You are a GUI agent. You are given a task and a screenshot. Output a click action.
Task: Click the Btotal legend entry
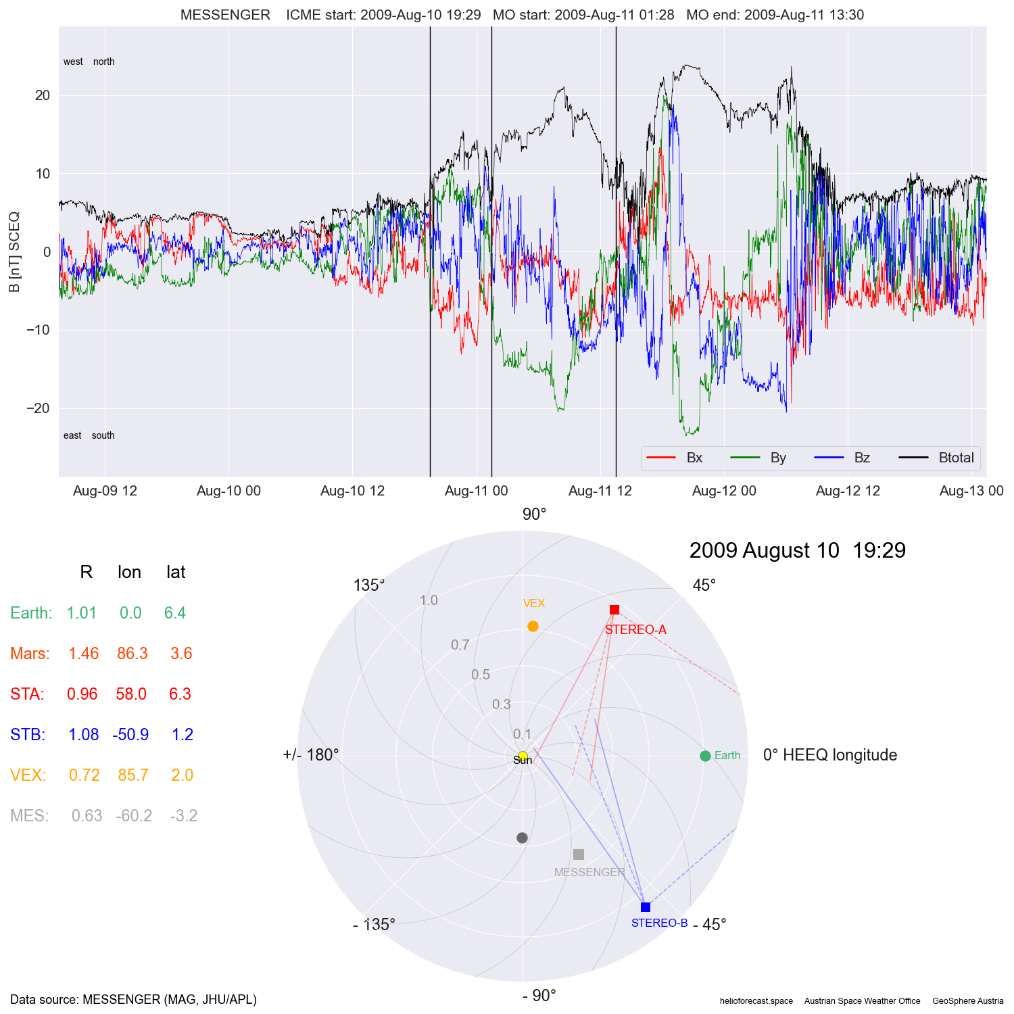(956, 458)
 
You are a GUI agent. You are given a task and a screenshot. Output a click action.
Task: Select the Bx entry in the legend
(694, 458)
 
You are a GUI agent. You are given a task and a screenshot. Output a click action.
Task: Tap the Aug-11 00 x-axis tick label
(476, 491)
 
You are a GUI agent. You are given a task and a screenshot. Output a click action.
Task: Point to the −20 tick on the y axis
(39, 408)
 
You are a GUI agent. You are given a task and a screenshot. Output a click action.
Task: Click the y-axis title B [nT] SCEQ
(14, 252)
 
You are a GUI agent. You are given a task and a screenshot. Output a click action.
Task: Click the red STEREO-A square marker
(614, 610)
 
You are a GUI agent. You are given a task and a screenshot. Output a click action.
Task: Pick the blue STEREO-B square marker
(646, 907)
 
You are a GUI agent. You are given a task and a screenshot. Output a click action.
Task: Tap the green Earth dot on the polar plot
(705, 756)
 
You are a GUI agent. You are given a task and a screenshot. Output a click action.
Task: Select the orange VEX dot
(533, 627)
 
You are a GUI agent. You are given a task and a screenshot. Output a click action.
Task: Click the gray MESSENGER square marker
(579, 854)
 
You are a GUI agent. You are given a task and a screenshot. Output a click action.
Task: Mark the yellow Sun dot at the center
(523, 756)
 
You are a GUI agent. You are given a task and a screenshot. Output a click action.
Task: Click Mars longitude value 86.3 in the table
(132, 654)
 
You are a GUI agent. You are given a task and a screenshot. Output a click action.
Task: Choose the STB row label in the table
(28, 735)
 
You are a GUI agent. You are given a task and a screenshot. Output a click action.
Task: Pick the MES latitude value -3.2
(183, 816)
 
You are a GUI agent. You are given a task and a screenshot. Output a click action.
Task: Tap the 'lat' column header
(176, 573)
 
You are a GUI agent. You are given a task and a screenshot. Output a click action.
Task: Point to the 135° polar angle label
(369, 585)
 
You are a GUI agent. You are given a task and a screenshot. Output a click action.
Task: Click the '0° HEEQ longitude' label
(830, 755)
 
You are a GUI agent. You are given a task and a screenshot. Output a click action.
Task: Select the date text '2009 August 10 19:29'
(798, 551)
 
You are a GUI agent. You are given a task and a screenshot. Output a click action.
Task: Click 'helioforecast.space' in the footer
(756, 1001)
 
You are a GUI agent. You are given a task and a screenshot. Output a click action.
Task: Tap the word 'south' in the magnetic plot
(103, 435)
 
